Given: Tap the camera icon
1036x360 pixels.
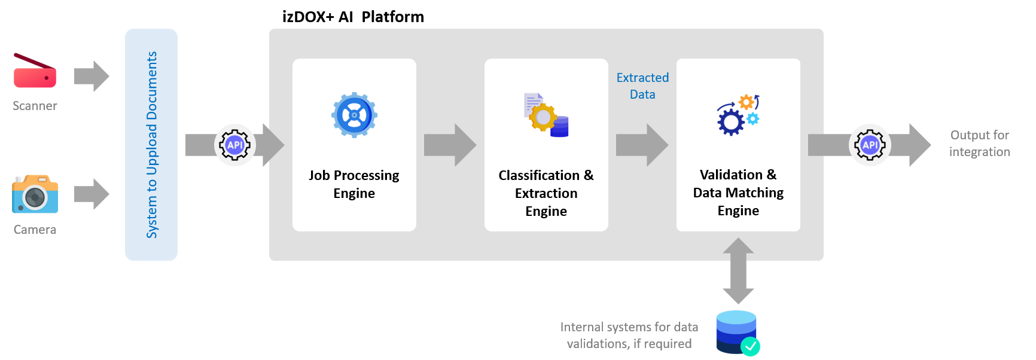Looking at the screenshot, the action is pyautogui.click(x=35, y=194).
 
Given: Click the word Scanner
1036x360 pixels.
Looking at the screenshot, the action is pyautogui.click(x=35, y=106).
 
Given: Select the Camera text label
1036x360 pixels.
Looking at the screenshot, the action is pyautogui.click(x=35, y=230).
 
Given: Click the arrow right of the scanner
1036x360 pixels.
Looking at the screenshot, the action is pyautogui.click(x=92, y=76).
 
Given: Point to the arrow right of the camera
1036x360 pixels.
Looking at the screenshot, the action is pyautogui.click(x=92, y=194).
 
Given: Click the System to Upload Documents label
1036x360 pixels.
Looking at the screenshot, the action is pyautogui.click(x=152, y=145).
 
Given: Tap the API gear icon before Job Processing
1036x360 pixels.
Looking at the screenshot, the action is pyautogui.click(x=235, y=145).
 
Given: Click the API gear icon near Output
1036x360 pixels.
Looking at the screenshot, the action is pyautogui.click(x=870, y=145).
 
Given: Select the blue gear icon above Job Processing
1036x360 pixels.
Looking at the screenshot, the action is pyautogui.click(x=354, y=115).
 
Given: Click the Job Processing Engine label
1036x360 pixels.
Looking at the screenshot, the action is pyautogui.click(x=354, y=184).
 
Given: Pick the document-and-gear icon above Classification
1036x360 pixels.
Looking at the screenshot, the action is pyautogui.click(x=546, y=115).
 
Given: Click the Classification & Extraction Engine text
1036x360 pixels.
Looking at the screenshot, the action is pyautogui.click(x=546, y=193).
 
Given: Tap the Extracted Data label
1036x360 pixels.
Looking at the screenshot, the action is pyautogui.click(x=642, y=86).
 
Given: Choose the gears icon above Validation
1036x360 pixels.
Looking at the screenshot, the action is pyautogui.click(x=738, y=115).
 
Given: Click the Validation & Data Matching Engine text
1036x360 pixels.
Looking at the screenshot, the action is pyautogui.click(x=738, y=193).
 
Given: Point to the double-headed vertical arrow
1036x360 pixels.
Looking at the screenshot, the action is pyautogui.click(x=738, y=271).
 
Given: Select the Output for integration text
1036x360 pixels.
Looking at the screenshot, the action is pyautogui.click(x=980, y=144).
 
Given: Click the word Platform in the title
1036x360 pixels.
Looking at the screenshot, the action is pyautogui.click(x=392, y=17).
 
